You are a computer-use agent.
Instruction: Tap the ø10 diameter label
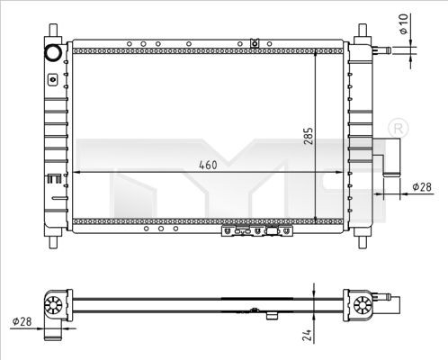click(x=404, y=23)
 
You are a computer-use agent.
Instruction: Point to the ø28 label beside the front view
click(x=420, y=186)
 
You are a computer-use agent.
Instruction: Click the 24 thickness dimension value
click(x=307, y=334)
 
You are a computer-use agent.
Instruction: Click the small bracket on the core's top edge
click(x=255, y=42)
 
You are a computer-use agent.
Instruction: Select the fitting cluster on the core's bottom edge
click(x=256, y=234)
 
